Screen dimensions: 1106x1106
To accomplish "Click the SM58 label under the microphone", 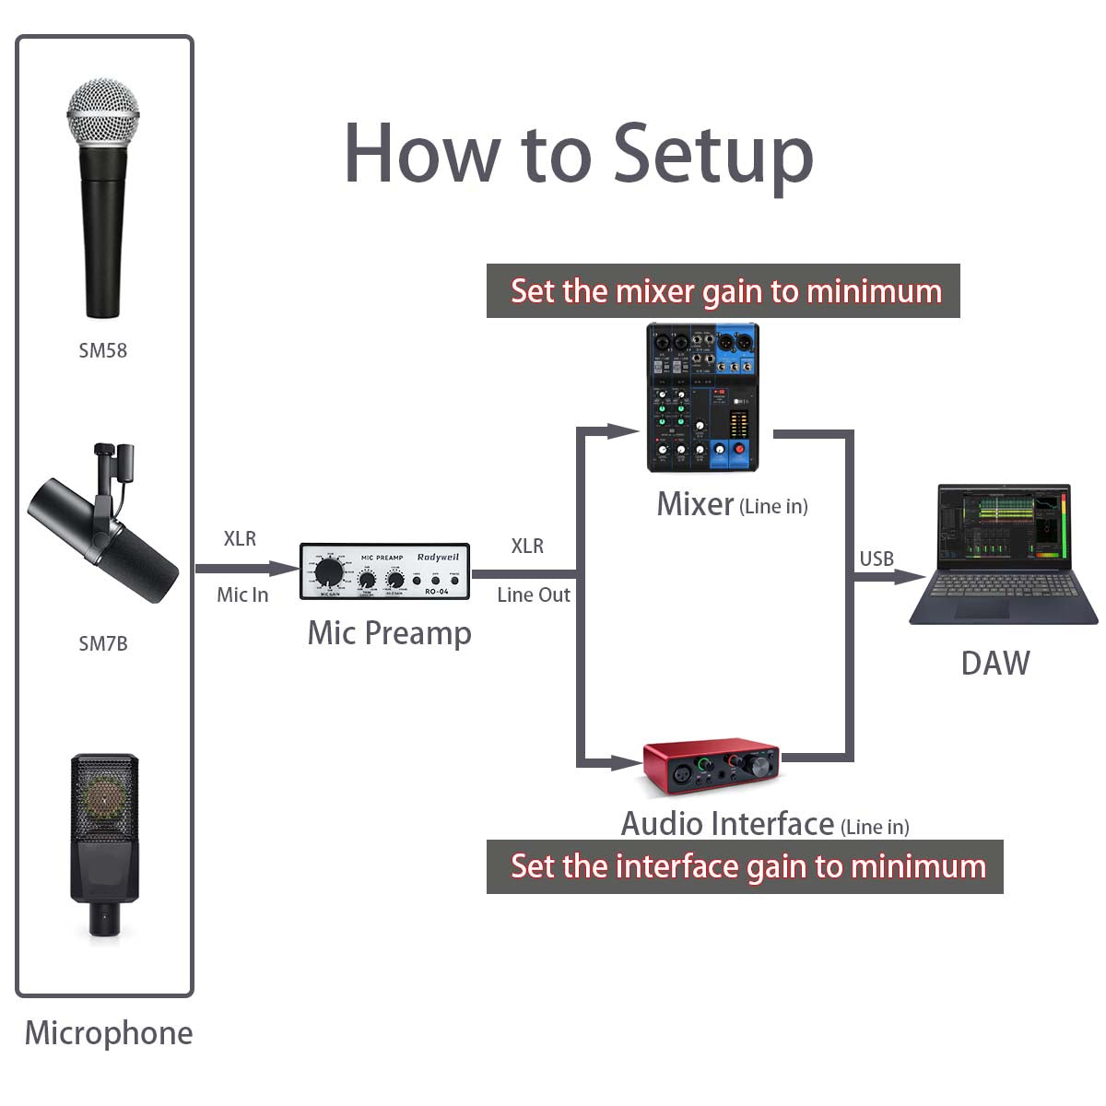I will (x=102, y=350).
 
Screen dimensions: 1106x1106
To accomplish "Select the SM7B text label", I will (x=102, y=643).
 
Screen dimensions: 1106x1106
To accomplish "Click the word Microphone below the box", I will (x=109, y=1033).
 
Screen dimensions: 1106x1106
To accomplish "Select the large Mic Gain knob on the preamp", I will (x=326, y=571).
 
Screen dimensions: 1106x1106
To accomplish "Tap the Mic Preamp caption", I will (x=389, y=633).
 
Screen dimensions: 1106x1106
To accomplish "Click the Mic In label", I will (x=242, y=595).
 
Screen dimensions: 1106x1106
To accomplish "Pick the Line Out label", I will (x=534, y=595).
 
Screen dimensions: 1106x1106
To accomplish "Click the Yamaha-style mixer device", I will (x=702, y=397).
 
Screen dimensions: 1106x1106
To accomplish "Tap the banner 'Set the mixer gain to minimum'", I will (x=724, y=291).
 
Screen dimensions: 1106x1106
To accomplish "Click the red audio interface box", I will (x=711, y=767).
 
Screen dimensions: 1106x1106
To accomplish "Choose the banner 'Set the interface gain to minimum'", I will (x=745, y=866).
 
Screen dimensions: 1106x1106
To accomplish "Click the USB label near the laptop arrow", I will (x=877, y=559).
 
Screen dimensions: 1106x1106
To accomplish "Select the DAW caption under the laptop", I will (x=994, y=663).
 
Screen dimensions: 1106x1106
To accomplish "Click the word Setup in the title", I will (x=712, y=154).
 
